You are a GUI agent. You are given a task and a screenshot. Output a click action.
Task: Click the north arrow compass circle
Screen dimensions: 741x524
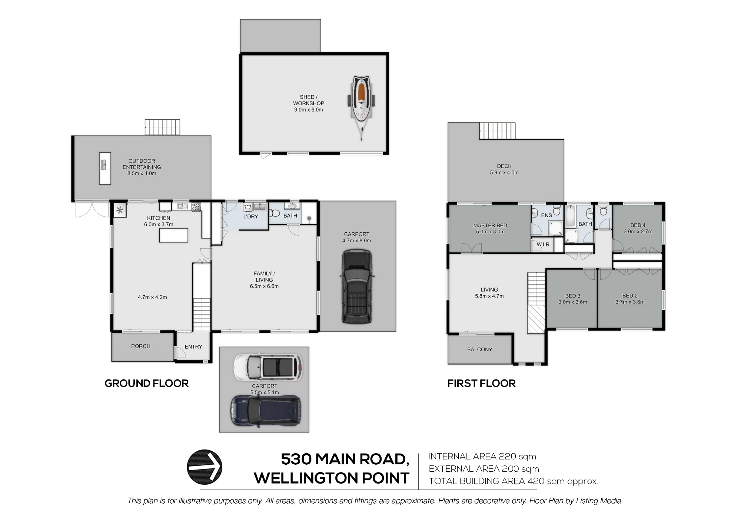205,467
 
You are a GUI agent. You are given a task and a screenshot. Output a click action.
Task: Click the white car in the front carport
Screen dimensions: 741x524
268,367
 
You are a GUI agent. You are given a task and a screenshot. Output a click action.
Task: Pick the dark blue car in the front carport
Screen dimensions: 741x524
266,411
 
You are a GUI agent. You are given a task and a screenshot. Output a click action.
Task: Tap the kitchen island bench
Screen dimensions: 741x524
173,235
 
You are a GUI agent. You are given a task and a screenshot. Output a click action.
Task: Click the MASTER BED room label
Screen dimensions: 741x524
490,225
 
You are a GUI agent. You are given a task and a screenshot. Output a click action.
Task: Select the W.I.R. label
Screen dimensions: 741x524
544,245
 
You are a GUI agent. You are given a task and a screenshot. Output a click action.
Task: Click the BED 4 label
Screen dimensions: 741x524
638,225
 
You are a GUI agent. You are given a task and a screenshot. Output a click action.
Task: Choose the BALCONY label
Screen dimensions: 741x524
479,349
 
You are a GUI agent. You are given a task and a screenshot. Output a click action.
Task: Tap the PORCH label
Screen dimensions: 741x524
141,346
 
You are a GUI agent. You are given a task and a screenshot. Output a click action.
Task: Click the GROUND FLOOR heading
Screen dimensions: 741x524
147,383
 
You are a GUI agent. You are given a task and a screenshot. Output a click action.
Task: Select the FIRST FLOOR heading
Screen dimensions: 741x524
482,383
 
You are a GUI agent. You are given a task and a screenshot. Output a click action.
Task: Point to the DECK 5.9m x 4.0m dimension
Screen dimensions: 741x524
504,172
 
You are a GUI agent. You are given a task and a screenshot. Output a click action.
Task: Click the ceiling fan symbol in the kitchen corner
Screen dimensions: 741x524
120,210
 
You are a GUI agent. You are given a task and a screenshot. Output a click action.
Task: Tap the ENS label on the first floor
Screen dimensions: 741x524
546,215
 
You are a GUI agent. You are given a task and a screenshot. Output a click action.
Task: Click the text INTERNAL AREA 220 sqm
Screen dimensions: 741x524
482,457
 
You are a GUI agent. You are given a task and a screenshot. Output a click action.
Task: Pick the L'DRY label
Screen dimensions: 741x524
250,216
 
